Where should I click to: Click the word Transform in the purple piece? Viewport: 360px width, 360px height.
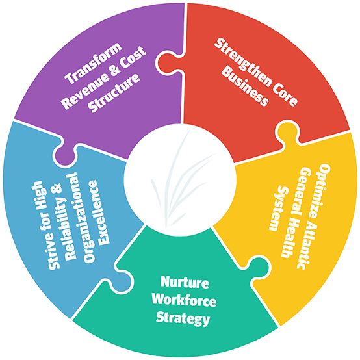click(94, 62)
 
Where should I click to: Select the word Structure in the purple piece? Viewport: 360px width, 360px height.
click(115, 93)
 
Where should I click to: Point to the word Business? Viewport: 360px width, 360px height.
click(245, 86)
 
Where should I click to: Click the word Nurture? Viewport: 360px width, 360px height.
click(185, 282)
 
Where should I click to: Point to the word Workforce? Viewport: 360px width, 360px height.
click(184, 300)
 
